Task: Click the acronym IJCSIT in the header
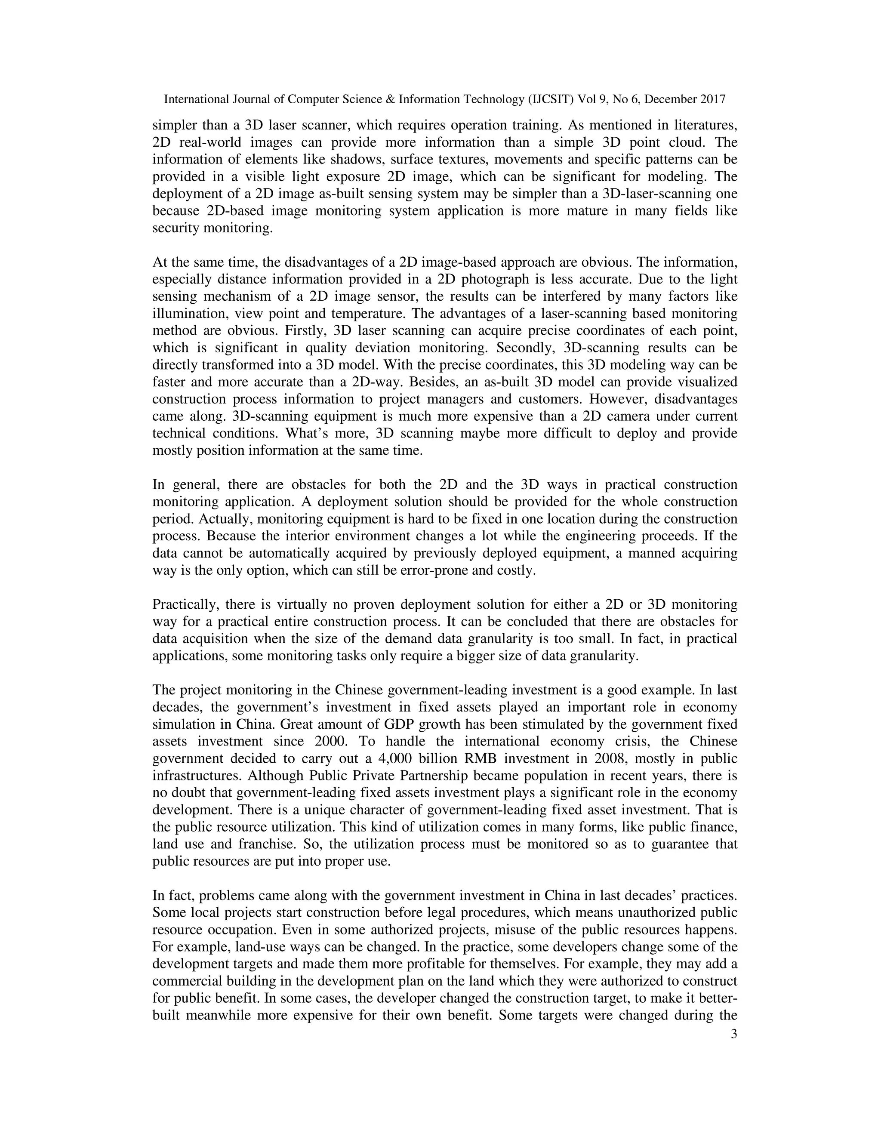551,99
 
